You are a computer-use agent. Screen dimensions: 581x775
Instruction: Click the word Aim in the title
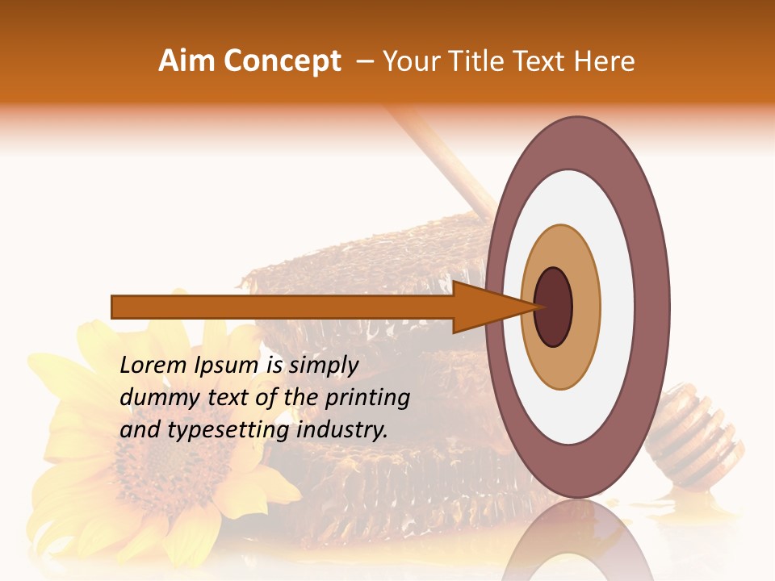[187, 61]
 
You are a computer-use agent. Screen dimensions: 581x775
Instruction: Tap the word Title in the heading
[485, 61]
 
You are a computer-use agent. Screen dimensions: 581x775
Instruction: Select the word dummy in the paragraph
[154, 398]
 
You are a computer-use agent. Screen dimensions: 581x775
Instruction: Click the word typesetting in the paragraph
[232, 430]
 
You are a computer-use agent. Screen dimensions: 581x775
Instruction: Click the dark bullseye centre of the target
[553, 307]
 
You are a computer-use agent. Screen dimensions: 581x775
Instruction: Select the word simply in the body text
[323, 366]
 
